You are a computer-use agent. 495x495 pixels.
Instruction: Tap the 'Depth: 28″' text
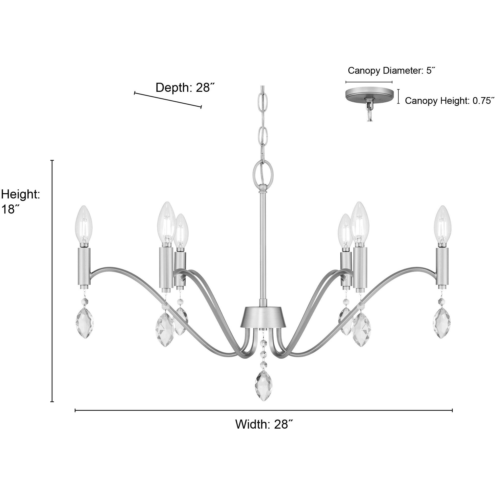click(185, 88)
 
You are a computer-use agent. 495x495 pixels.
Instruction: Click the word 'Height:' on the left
click(20, 194)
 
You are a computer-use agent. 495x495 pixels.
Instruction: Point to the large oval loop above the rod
click(263, 171)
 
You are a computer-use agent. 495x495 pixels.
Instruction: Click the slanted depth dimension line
click(168, 100)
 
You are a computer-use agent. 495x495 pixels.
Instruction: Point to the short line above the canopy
click(369, 82)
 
